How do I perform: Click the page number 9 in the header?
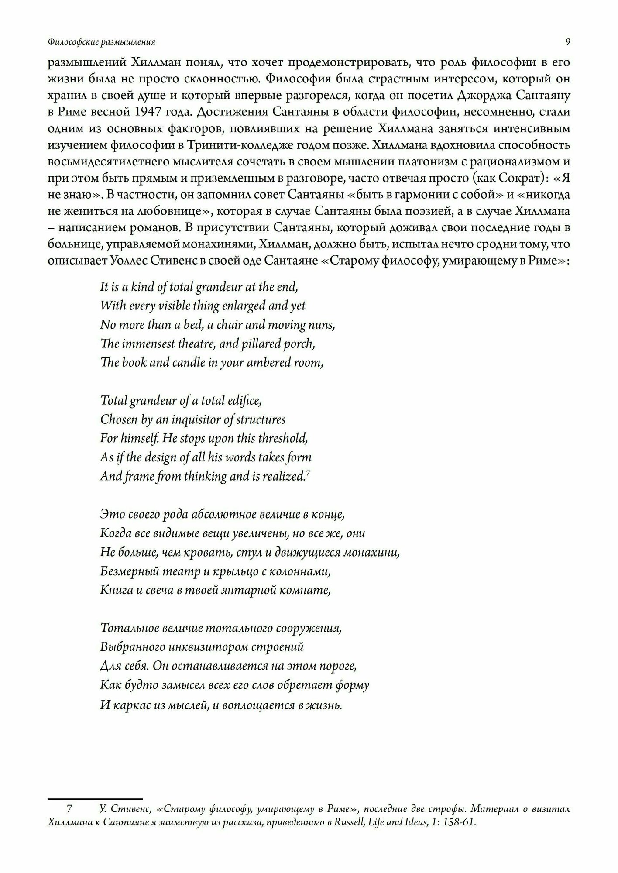point(567,42)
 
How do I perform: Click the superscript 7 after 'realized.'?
point(308,472)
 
